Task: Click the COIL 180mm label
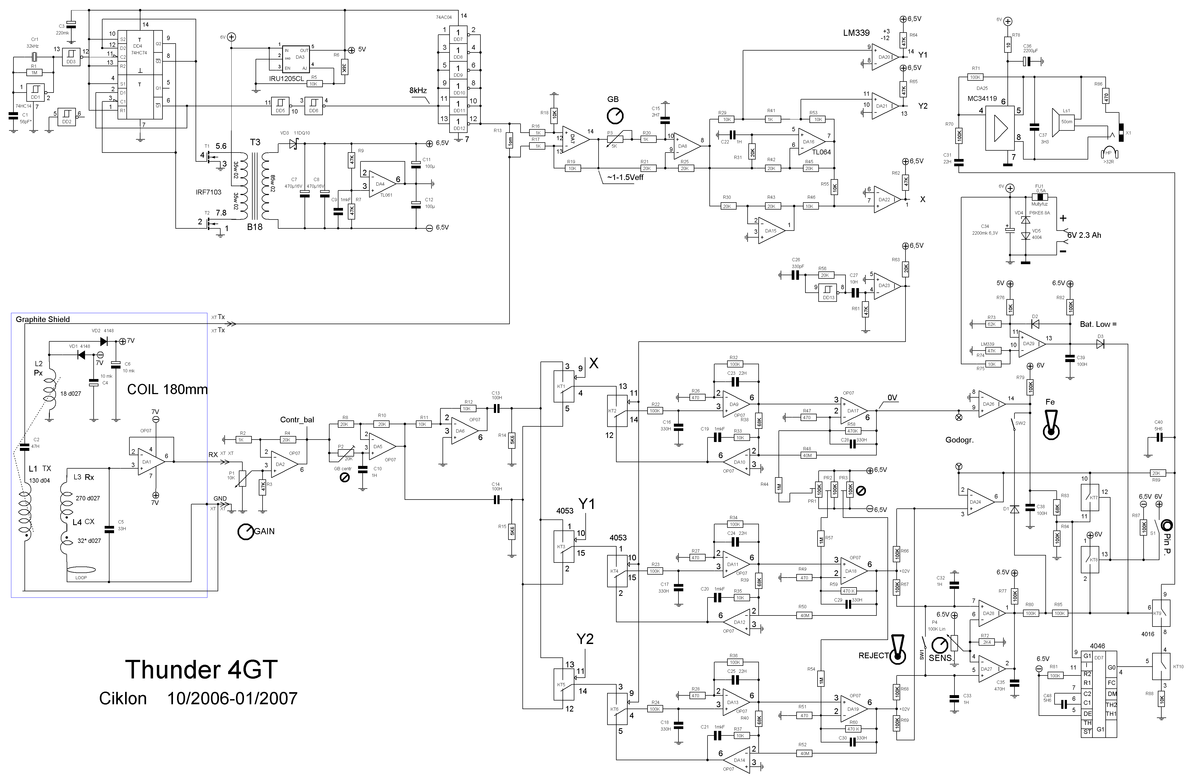[167, 389]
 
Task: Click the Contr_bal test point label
[297, 420]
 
